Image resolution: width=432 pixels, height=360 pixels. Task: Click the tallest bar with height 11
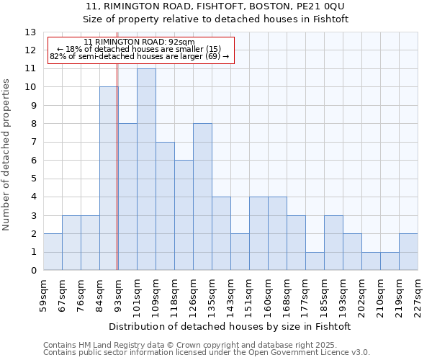(146, 170)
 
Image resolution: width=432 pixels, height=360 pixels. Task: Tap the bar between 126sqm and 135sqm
(202, 197)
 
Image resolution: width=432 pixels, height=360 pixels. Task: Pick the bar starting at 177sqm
(315, 261)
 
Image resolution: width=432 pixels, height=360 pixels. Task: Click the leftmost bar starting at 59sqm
(53, 252)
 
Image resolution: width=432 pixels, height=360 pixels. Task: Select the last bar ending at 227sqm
(408, 252)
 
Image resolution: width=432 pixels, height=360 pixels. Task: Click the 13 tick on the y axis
(30, 32)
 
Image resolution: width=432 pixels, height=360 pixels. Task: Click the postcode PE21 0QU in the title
(326, 6)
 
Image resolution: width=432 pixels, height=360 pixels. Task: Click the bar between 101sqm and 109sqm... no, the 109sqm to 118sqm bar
(165, 207)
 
